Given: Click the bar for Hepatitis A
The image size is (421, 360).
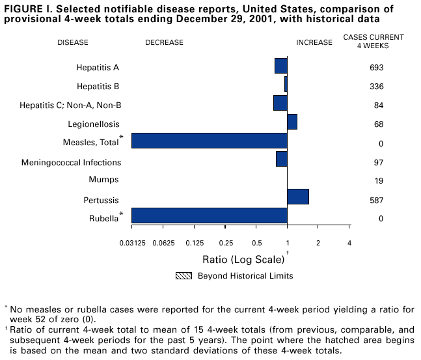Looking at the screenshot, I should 280,66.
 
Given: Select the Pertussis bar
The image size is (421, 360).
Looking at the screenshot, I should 297,197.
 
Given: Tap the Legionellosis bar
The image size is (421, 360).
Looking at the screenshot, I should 292,122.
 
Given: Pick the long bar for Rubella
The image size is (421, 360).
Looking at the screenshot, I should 209,215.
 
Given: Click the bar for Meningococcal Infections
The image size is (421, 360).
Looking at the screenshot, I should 281,159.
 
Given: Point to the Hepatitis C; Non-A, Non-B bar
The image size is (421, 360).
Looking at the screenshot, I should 280,103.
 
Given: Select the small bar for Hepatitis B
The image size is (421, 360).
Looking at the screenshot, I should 286,85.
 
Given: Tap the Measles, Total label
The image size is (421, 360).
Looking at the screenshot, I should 90,143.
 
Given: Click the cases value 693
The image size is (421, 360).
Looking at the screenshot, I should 376,68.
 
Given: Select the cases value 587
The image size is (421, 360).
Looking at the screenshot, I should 376,201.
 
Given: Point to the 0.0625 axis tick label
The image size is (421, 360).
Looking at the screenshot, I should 163,243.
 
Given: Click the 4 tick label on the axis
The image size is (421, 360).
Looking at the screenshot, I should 349,243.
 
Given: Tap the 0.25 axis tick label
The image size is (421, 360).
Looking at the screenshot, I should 226,243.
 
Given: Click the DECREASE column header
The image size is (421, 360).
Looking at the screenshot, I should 164,42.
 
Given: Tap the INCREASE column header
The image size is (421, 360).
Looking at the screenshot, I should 314,42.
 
